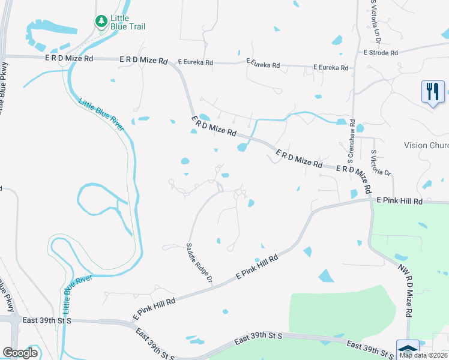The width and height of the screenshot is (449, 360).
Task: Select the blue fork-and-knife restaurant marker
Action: (432, 92)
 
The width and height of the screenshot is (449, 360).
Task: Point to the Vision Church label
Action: (426, 145)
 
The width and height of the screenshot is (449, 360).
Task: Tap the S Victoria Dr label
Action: (381, 163)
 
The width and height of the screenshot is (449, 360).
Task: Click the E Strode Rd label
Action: (381, 53)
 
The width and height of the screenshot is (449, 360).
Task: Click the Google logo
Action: (20, 353)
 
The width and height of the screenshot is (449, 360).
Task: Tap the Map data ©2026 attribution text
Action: (423, 355)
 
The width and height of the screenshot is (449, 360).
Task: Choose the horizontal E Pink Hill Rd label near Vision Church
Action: (400, 202)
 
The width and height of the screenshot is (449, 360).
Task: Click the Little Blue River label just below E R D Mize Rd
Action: (100, 115)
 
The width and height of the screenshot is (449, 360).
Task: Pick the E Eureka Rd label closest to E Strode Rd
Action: (329, 68)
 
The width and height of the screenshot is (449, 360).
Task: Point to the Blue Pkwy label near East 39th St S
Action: (6, 295)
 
